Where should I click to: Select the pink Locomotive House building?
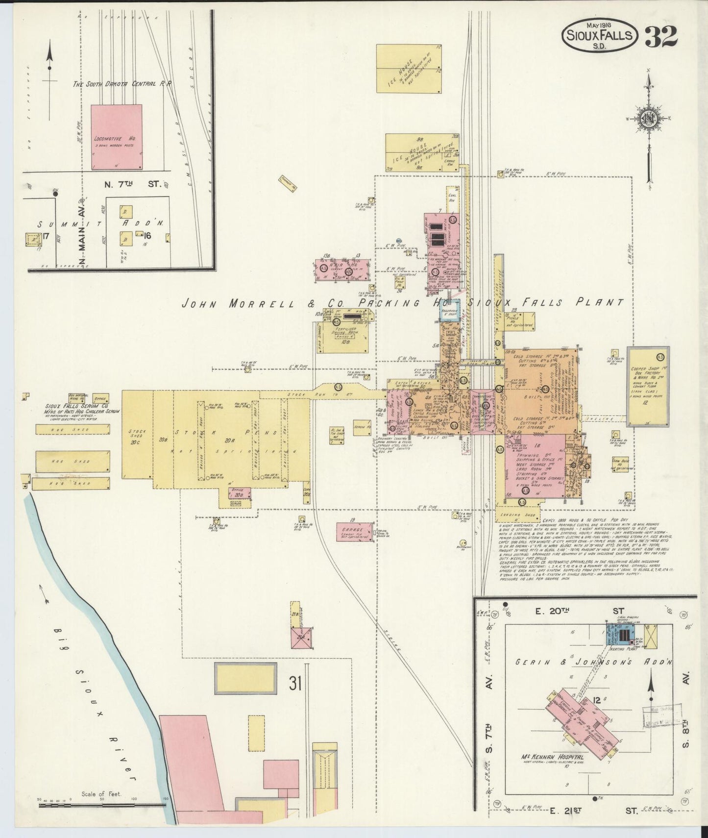pyautogui.click(x=117, y=136)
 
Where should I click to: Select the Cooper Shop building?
pyautogui.click(x=648, y=386)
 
